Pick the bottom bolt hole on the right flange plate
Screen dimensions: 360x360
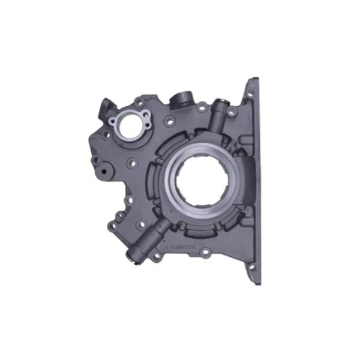(252, 266)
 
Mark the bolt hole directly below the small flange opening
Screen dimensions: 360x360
(130, 161)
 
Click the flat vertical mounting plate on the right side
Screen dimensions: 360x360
(253, 180)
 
